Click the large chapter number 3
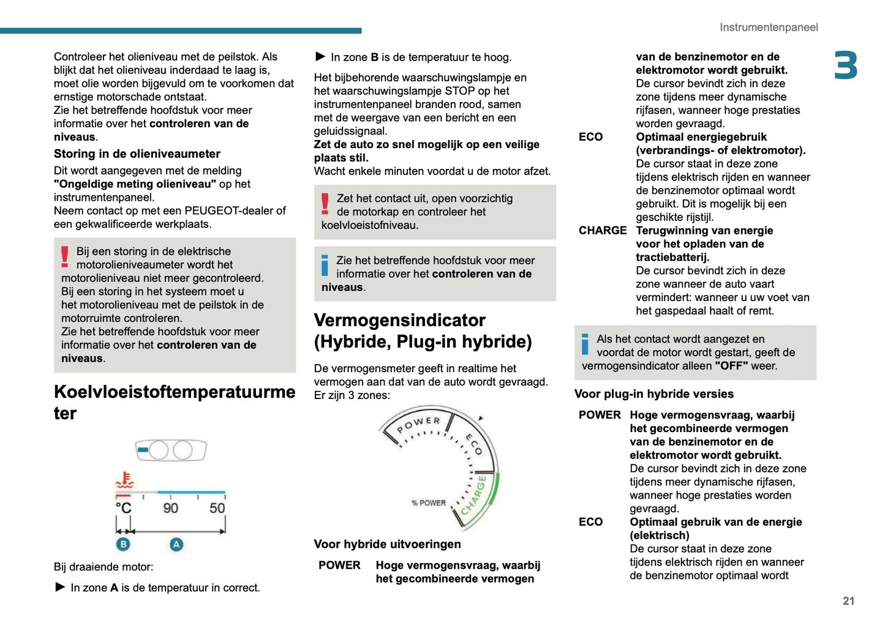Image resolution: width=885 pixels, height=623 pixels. (845, 65)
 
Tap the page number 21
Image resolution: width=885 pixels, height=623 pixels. (848, 601)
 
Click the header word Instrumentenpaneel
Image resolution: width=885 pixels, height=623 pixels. (768, 28)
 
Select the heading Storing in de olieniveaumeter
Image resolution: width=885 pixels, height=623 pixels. (137, 154)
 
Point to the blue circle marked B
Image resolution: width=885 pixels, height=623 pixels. (123, 544)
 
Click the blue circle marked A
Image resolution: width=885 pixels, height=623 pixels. (176, 544)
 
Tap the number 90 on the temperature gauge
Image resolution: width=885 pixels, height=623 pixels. (170, 509)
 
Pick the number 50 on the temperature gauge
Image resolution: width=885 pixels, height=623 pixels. (217, 509)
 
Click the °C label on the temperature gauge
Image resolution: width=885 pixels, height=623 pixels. (124, 509)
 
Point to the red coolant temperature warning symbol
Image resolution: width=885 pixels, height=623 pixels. (125, 480)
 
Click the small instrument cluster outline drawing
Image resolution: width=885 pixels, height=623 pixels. (171, 450)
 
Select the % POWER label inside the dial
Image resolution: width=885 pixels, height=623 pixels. (429, 503)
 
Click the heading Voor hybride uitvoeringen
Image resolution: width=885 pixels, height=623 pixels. (387, 545)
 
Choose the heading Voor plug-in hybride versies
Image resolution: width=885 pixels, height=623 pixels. (653, 394)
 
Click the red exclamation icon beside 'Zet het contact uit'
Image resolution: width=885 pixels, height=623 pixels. (325, 204)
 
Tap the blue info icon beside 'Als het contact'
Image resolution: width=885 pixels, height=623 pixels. (585, 344)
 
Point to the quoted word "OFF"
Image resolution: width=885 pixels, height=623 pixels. (731, 366)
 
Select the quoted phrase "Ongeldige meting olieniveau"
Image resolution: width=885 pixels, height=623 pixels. (135, 184)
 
